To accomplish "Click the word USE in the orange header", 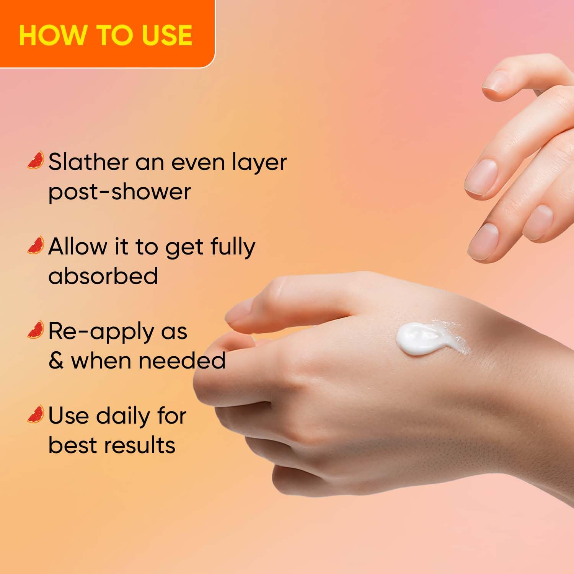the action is pos(167,35).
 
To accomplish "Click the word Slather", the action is pos(88,162).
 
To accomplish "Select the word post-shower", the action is pos(119,191).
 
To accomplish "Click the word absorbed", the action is pos(103,276).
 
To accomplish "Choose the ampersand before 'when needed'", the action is pos(56,361).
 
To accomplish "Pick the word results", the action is pos(140,445).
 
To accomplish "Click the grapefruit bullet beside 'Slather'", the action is pos(36,160).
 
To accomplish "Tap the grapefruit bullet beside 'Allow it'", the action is pos(36,245).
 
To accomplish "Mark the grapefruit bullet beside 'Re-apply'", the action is pos(36,329).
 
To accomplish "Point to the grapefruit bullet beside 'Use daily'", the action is pos(36,414).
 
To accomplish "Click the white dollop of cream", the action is pos(421,339).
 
